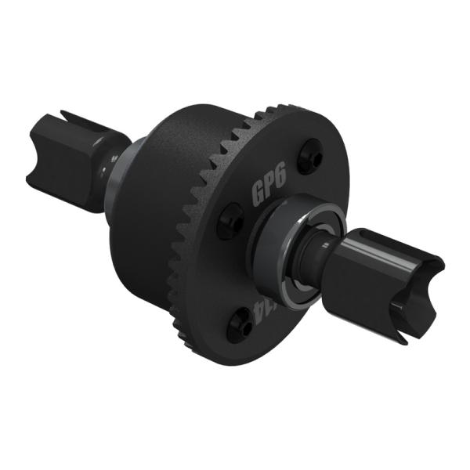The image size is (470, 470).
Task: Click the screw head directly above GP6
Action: point(313,154)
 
